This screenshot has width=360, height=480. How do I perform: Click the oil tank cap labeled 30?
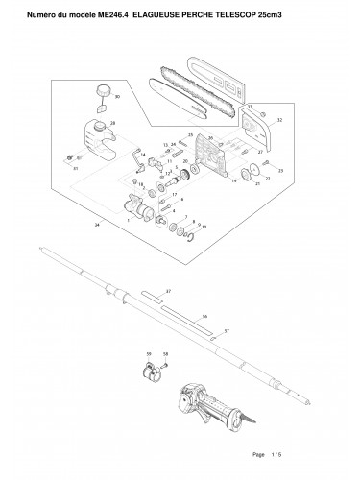coord(99,91)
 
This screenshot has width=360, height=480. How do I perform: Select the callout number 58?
coord(165,354)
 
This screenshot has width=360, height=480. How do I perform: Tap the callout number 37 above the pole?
coord(167,289)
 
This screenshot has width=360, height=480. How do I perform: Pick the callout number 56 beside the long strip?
coord(204,315)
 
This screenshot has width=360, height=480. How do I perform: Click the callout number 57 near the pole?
coord(227,330)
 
